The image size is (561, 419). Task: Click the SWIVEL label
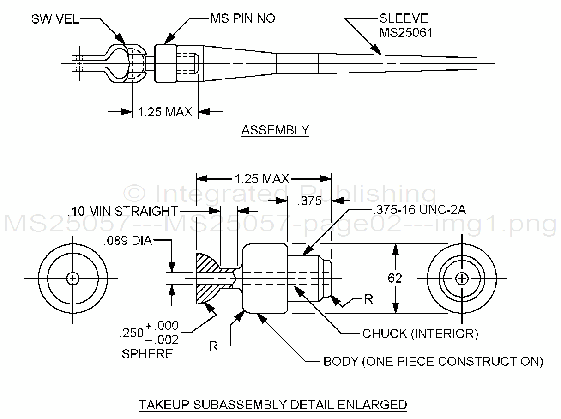(55, 19)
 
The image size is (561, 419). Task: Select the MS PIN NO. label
(244, 19)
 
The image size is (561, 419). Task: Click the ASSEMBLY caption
(275, 130)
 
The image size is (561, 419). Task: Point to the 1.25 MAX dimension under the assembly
(165, 112)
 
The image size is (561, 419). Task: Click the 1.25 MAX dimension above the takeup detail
(262, 179)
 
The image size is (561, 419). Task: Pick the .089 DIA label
(128, 241)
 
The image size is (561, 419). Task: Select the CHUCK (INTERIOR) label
(420, 334)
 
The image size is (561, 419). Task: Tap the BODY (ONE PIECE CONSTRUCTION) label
(433, 361)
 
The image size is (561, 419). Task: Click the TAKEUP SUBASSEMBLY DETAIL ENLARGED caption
(273, 405)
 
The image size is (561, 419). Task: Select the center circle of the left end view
(72, 279)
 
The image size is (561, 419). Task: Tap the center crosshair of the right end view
(462, 279)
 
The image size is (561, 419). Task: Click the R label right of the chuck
(368, 299)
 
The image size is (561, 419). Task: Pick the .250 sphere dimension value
(129, 333)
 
